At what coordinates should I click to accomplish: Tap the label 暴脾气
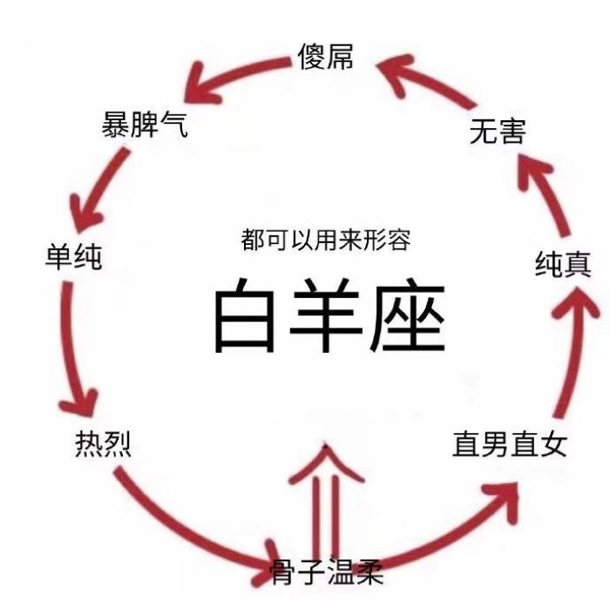click(x=145, y=125)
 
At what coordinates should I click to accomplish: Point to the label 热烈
click(x=104, y=444)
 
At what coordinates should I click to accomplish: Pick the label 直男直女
click(x=510, y=444)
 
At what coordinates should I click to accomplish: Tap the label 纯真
click(x=563, y=265)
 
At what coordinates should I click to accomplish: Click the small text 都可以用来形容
click(x=326, y=239)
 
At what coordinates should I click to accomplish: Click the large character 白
click(x=246, y=315)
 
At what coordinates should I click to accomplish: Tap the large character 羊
click(x=327, y=315)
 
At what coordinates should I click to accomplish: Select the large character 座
click(x=406, y=315)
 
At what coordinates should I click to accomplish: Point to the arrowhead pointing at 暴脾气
click(x=207, y=84)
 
